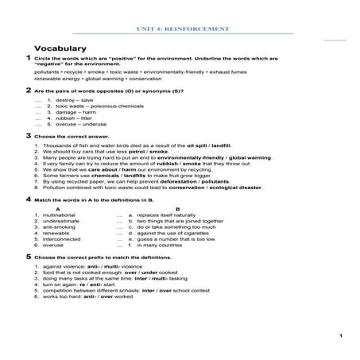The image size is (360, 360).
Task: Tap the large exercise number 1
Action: [28, 60]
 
